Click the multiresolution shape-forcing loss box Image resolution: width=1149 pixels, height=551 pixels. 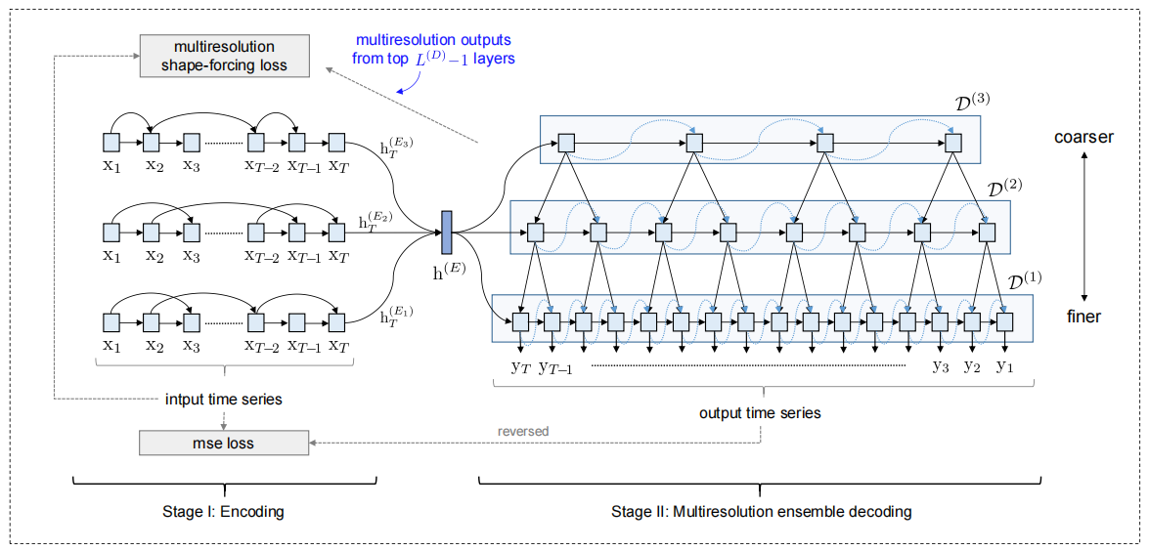224,57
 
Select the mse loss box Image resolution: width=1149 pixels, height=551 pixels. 224,444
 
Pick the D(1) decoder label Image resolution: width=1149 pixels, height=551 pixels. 1024,278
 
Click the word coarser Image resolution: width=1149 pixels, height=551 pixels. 1083,137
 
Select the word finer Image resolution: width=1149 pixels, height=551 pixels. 1083,317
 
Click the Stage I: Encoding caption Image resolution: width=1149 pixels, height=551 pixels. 224,511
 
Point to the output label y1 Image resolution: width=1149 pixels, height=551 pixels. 1004,367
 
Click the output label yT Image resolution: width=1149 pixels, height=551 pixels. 521,367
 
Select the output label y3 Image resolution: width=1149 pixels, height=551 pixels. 940,367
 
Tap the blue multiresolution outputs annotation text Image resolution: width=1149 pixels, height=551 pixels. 432,49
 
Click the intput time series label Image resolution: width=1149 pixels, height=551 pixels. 224,399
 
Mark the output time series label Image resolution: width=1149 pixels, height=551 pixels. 760,412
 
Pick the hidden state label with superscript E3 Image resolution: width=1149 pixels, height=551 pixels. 397,148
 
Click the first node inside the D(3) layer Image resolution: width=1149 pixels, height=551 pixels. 564,145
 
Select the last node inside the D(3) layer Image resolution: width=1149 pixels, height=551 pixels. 953,145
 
